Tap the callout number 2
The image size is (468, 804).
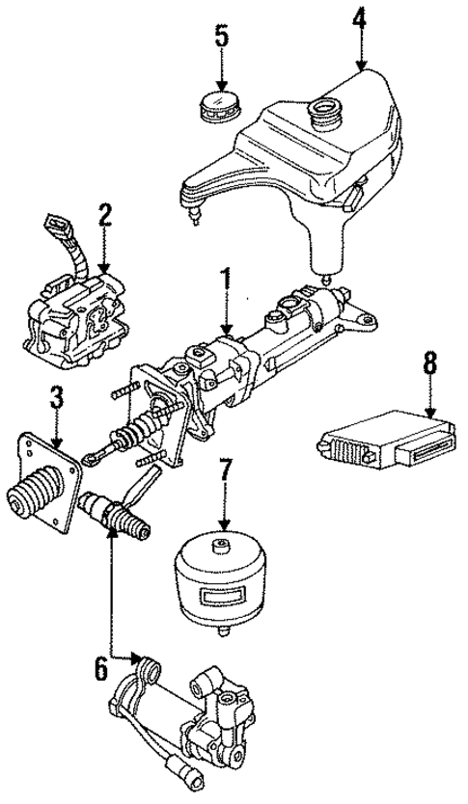click(x=103, y=213)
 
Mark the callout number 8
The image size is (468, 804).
click(x=429, y=363)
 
